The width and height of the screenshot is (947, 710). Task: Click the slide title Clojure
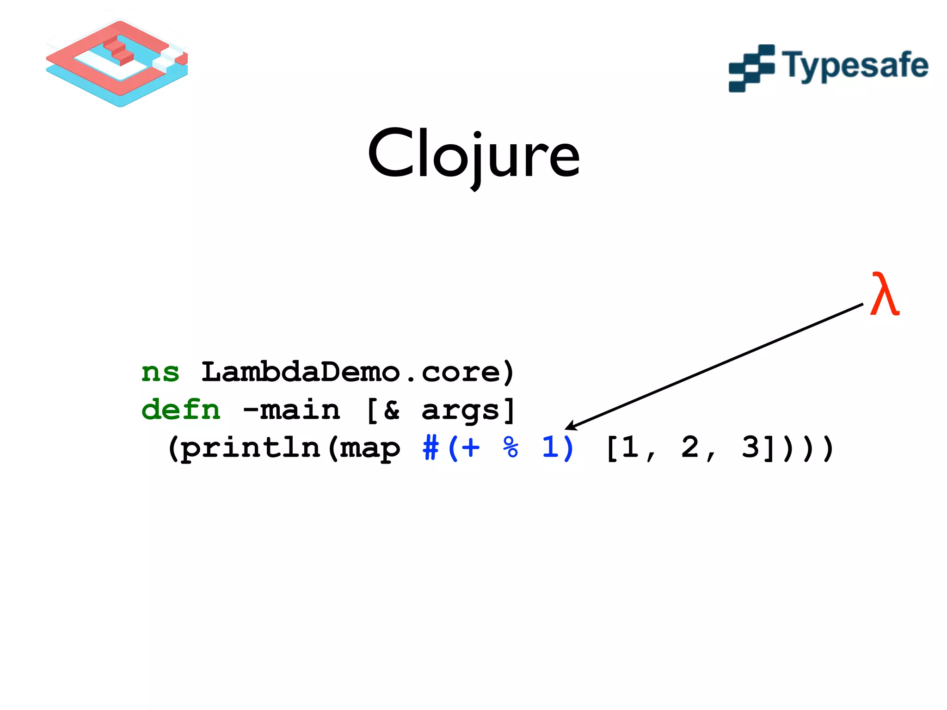click(x=473, y=155)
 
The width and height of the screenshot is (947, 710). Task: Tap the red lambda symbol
click(x=884, y=294)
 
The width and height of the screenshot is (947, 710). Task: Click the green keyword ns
click(x=160, y=373)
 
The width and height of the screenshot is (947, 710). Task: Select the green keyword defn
click(x=181, y=410)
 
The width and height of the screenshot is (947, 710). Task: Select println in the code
click(x=250, y=448)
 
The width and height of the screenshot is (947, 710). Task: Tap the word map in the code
click(x=370, y=448)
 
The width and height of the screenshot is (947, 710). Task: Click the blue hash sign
click(x=430, y=448)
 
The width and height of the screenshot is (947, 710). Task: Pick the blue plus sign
click(x=470, y=448)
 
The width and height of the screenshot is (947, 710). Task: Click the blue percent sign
click(x=510, y=447)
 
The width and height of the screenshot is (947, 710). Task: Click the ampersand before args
click(x=391, y=410)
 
